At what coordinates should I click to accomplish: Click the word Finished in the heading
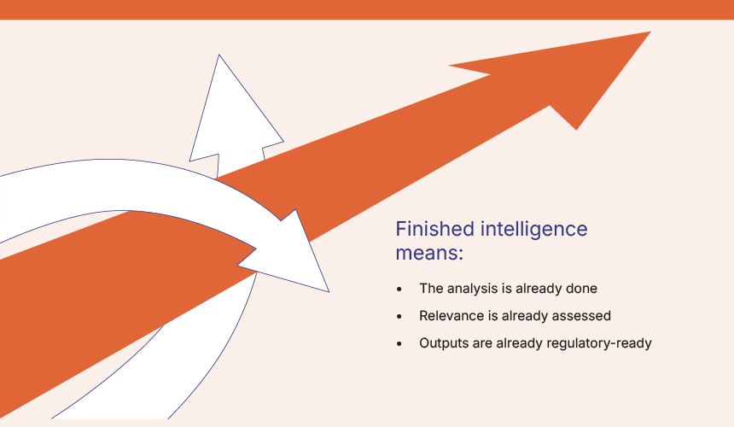(x=435, y=229)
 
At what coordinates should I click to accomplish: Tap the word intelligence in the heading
(x=534, y=230)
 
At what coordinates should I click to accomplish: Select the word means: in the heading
(x=429, y=254)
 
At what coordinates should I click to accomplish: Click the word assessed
(x=581, y=316)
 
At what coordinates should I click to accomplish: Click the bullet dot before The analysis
(x=399, y=290)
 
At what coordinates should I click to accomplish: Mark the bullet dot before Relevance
(x=399, y=317)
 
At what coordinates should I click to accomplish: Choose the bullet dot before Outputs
(x=399, y=343)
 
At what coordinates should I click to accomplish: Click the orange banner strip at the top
(x=367, y=9)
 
